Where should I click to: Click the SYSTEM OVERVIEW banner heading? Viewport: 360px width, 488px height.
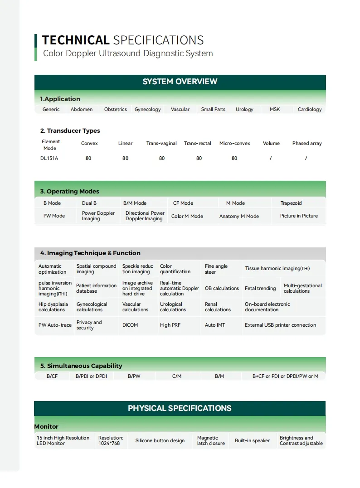pyautogui.click(x=180, y=82)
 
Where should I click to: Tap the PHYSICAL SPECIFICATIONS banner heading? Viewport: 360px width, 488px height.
pyautogui.click(x=180, y=408)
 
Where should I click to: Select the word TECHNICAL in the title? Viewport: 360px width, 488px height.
pyautogui.click(x=76, y=40)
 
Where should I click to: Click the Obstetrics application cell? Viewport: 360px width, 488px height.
pyautogui.click(x=116, y=109)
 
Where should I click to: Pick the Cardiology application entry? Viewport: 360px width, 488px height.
pyautogui.click(x=310, y=109)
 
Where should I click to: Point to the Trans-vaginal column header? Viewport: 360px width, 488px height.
pyautogui.click(x=161, y=143)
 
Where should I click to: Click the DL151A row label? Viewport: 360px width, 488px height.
pyautogui.click(x=49, y=158)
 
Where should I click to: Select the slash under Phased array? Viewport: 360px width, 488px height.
pyautogui.click(x=306, y=158)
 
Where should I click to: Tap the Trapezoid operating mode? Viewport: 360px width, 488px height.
pyautogui.click(x=291, y=203)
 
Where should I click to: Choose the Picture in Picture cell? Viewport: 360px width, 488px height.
pyautogui.click(x=299, y=216)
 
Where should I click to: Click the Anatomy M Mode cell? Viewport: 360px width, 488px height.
pyautogui.click(x=239, y=216)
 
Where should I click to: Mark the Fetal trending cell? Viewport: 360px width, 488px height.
pyautogui.click(x=260, y=288)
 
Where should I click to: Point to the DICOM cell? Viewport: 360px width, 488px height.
pyautogui.click(x=130, y=325)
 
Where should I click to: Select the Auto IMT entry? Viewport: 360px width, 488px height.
pyautogui.click(x=215, y=325)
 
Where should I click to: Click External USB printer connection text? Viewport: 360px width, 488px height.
pyautogui.click(x=281, y=325)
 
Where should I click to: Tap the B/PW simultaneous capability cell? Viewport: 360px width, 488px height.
pyautogui.click(x=134, y=376)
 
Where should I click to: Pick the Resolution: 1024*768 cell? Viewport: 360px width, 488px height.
pyautogui.click(x=111, y=440)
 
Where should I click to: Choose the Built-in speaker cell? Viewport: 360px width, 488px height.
pyautogui.click(x=252, y=440)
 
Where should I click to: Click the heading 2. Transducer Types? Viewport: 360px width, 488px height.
pyautogui.click(x=70, y=130)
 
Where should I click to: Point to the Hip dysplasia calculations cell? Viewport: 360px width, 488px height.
pyautogui.click(x=53, y=307)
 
